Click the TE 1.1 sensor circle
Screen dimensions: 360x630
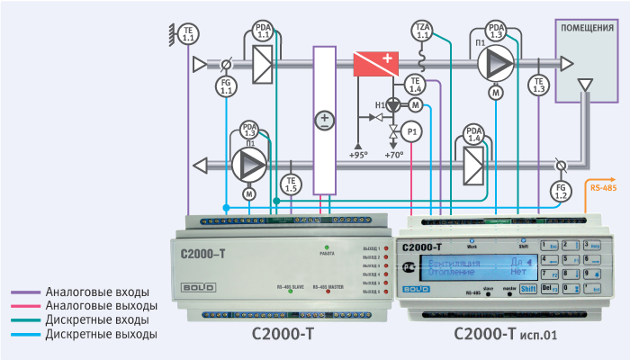tap(188, 36)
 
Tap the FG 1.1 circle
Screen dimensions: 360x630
tap(226, 87)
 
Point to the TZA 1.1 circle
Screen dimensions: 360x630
tap(422, 31)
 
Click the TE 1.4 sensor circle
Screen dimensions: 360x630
tap(415, 85)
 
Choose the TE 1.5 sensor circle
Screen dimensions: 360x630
tap(291, 184)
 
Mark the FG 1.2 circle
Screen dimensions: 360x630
tap(560, 190)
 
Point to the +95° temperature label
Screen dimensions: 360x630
tap(358, 155)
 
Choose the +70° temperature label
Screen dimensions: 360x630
tap(394, 155)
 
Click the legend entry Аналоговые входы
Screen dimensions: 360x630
tap(97, 292)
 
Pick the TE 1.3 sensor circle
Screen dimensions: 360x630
tap(539, 85)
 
